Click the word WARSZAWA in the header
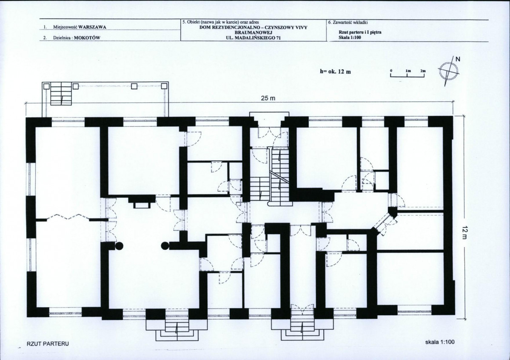point(92,27)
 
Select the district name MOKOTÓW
point(87,37)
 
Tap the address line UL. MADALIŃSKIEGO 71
point(254,38)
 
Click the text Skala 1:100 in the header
point(350,37)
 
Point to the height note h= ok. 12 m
point(335,71)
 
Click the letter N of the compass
point(458,59)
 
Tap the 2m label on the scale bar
point(423,71)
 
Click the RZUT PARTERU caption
point(48,344)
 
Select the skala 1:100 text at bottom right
point(440,342)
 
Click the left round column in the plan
point(119,246)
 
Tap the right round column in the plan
point(165,246)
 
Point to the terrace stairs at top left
point(61,94)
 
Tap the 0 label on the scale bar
point(391,71)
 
